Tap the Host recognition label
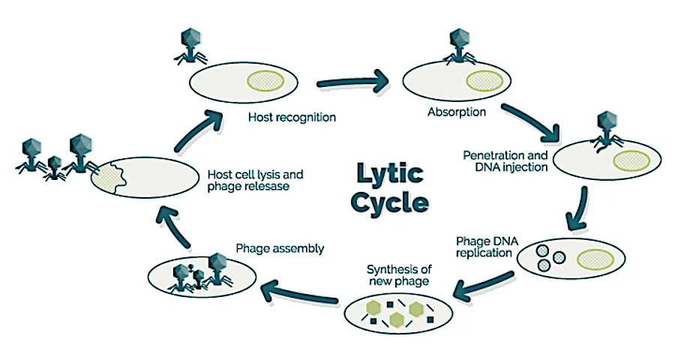(x=292, y=118)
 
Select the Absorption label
(x=457, y=112)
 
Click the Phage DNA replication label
(x=484, y=247)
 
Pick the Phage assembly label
(x=280, y=248)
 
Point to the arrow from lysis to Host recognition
(x=201, y=127)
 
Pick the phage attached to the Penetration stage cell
(x=606, y=129)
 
